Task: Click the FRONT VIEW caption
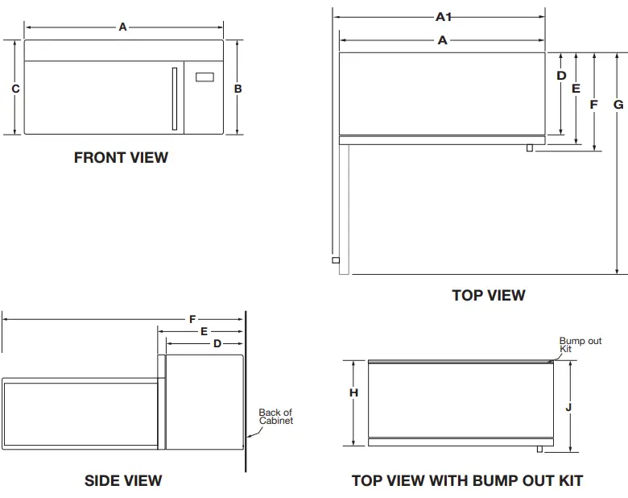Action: tap(121, 158)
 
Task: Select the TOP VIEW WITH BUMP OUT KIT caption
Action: tap(467, 481)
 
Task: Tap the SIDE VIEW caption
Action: tap(123, 481)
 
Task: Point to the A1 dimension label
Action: tap(443, 16)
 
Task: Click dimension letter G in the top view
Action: tap(618, 105)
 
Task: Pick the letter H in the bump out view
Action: tap(353, 392)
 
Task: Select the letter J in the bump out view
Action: tap(568, 407)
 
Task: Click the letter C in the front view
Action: tap(15, 89)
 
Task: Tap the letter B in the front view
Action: tap(238, 89)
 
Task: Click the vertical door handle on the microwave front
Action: tap(173, 98)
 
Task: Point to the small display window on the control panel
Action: tap(205, 78)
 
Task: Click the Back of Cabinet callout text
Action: tap(275, 417)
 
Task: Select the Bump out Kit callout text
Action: tap(580, 344)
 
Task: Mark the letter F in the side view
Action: tap(192, 320)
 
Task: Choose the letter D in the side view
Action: tap(217, 344)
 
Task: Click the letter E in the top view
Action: tap(576, 89)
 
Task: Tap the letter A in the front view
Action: tap(122, 27)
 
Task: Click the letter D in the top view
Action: tap(561, 76)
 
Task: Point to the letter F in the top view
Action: tap(594, 105)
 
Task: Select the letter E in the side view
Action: tap(204, 331)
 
